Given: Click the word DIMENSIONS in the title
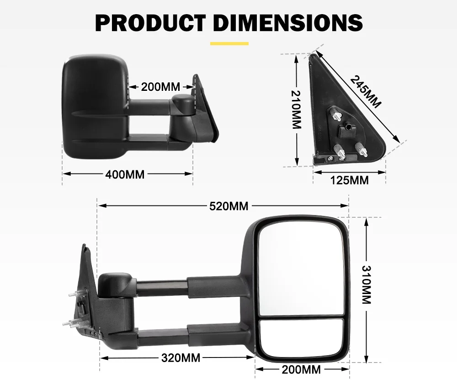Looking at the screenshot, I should pyautogui.click(x=288, y=22).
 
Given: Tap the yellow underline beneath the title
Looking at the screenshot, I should pyautogui.click(x=229, y=43).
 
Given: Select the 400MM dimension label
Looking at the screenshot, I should pyautogui.click(x=125, y=174).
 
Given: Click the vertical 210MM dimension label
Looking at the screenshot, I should pyautogui.click(x=296, y=109).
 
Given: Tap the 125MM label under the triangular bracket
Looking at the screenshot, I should pyautogui.click(x=349, y=180).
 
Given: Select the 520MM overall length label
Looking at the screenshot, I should pyautogui.click(x=228, y=206).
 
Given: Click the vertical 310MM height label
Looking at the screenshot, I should pyautogui.click(x=366, y=285).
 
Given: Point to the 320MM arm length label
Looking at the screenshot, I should pyautogui.click(x=181, y=358).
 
